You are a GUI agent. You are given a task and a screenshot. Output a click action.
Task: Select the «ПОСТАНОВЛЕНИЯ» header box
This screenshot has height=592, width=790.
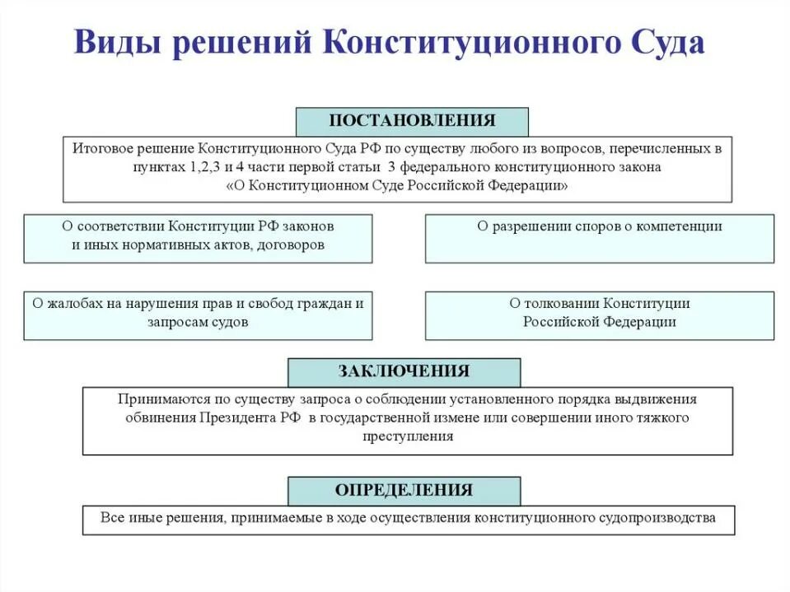[412, 121]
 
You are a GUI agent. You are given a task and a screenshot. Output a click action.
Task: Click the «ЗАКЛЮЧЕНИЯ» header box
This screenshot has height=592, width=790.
[404, 371]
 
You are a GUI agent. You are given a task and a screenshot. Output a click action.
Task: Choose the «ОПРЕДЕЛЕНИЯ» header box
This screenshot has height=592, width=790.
[404, 491]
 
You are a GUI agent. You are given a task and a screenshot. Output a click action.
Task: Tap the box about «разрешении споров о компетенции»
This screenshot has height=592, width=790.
[599, 238]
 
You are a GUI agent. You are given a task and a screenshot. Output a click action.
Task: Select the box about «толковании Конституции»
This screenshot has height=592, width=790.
[599, 315]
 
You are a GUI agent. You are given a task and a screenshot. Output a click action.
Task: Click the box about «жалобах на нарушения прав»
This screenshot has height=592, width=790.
[198, 315]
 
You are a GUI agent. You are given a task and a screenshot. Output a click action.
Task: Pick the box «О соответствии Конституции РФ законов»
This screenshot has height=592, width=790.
[198, 238]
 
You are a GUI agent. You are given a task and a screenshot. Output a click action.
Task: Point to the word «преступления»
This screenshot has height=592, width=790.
[408, 436]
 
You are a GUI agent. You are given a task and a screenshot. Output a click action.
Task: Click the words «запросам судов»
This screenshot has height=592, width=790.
[198, 322]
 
